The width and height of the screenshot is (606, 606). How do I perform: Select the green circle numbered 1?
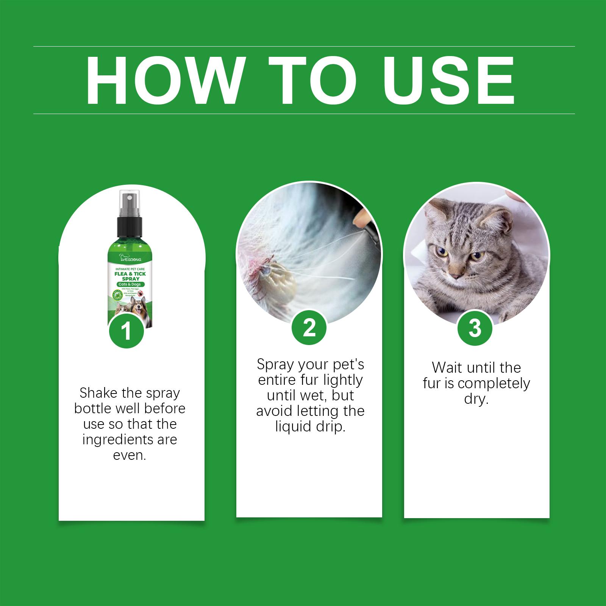pos(127,331)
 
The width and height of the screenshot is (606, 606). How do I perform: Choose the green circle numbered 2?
pos(309,328)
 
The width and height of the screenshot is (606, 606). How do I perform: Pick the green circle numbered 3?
pos(475,328)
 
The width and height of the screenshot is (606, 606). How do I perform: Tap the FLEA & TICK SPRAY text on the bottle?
pos(130,276)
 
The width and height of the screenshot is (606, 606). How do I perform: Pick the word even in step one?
pos(130,455)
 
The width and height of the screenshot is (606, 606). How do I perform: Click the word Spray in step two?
pos(275,365)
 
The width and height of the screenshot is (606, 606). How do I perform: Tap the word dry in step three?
pos(476,399)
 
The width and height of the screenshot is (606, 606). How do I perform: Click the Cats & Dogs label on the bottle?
pos(130,284)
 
